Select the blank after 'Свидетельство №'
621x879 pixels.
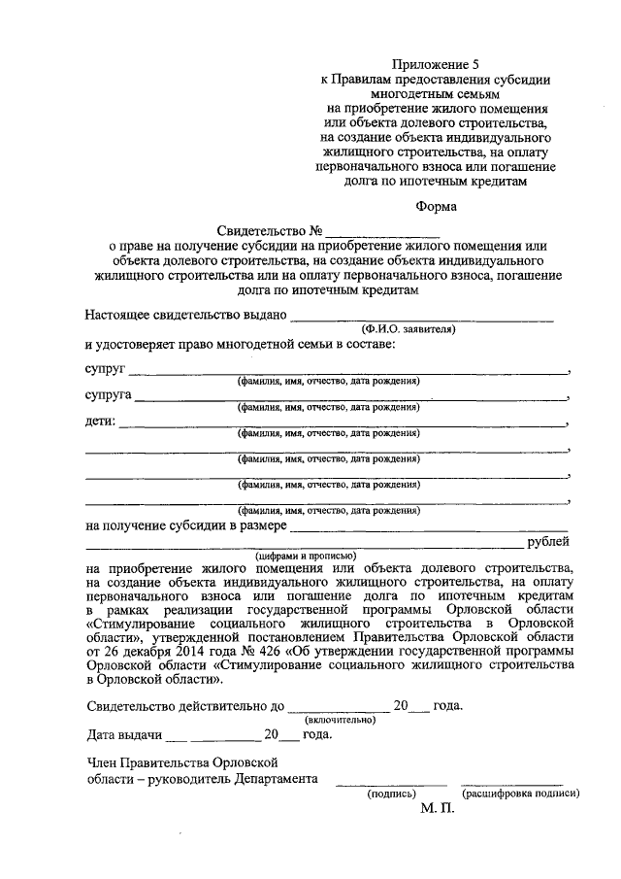pos(382,233)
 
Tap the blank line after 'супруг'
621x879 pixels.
pos(349,372)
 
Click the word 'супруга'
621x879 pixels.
pos(108,396)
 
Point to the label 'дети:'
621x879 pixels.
pos(100,422)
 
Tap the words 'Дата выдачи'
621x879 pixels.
pos(122,734)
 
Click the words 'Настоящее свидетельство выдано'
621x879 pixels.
pos(185,316)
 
